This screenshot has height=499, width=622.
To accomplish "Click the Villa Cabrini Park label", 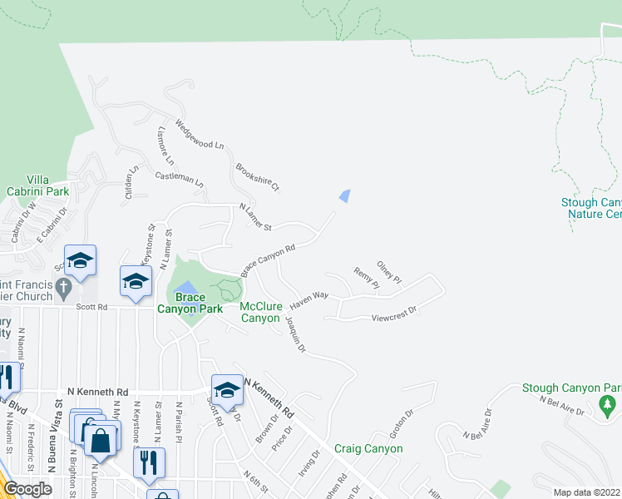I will pyautogui.click(x=47, y=185).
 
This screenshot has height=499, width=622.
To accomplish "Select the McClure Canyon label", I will pyautogui.click(x=260, y=312).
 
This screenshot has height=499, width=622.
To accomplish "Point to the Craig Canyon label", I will pyautogui.click(x=368, y=448).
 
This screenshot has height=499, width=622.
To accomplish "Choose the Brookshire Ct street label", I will pyautogui.click(x=258, y=176).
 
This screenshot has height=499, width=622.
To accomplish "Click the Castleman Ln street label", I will pyautogui.click(x=180, y=179).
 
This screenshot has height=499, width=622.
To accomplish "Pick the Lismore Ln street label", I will pyautogui.click(x=165, y=146).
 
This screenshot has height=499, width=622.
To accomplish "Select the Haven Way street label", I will pyautogui.click(x=309, y=299).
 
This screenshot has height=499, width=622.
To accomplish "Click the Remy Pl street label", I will pyautogui.click(x=367, y=279).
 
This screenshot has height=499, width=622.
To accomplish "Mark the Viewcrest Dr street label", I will pyautogui.click(x=393, y=318).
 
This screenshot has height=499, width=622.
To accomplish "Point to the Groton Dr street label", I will pyautogui.click(x=401, y=423).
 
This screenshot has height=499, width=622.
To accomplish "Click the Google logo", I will pyautogui.click(x=27, y=489).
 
